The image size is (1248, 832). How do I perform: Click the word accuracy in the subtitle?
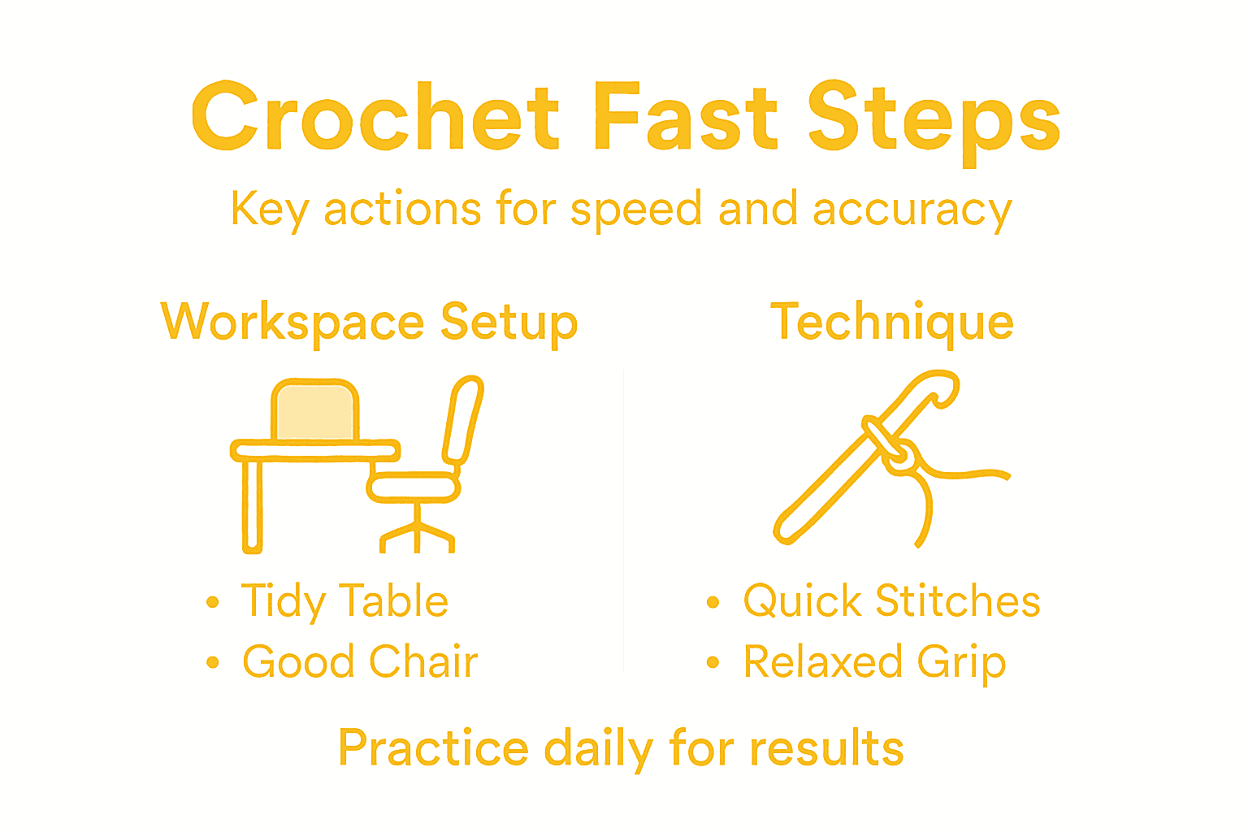[x=912, y=210]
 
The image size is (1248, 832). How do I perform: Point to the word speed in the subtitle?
[x=636, y=210]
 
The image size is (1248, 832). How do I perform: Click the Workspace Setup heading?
[x=370, y=323]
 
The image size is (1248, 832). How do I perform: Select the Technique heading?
[x=892, y=323]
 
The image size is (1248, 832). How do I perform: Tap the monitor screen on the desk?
[x=314, y=412]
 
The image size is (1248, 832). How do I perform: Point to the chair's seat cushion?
[x=413, y=487]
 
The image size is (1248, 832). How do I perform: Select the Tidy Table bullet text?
[x=344, y=602]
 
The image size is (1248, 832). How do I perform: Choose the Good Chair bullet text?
[x=360, y=662]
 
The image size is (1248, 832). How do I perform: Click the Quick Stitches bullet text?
[x=891, y=602]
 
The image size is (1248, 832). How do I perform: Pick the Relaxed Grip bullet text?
[x=875, y=662]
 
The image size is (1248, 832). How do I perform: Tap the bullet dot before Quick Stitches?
[x=713, y=602]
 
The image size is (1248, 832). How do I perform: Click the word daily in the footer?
[x=598, y=749]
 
